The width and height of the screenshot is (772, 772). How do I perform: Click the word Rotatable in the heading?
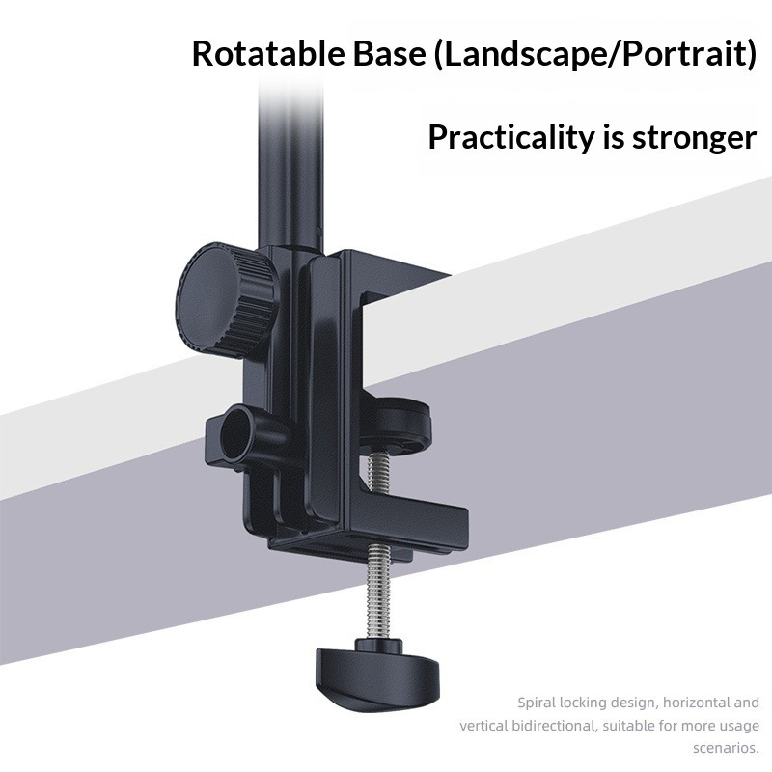tap(268, 54)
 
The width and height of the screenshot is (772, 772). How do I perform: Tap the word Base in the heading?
tap(389, 54)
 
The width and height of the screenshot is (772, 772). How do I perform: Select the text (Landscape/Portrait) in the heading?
tap(595, 55)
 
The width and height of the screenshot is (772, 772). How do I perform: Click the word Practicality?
tap(511, 138)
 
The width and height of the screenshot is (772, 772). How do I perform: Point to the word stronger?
tap(694, 139)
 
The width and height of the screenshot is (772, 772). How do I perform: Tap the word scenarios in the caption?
tap(726, 749)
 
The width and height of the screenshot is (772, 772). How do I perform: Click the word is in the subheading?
tap(613, 137)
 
